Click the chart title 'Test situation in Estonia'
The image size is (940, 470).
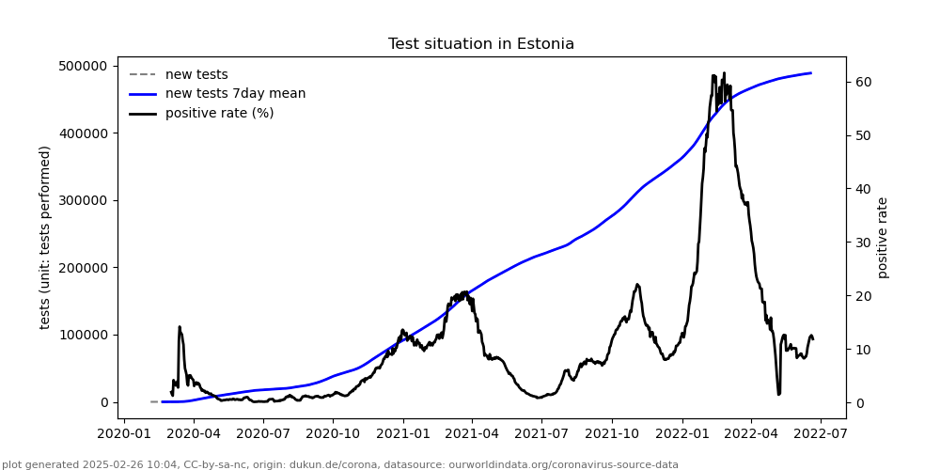coord(480,44)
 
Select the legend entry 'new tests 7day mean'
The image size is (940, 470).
coord(235,94)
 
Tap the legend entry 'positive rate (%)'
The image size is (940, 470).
coord(219,114)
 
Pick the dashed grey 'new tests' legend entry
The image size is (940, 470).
coord(196,75)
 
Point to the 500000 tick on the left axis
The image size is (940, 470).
coord(83,66)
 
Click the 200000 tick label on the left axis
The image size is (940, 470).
coord(83,268)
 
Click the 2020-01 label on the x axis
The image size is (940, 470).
coord(125,433)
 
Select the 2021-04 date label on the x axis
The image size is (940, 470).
coord(473,433)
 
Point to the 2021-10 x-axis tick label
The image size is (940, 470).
coord(612,433)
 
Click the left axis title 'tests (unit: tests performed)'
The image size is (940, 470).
coord(45,237)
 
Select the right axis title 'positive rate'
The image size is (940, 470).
coord(883,237)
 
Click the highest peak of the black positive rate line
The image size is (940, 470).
coord(713,75)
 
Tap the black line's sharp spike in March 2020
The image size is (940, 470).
coord(180,327)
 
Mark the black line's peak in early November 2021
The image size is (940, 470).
coord(637,284)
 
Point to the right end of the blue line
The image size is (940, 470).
coord(811,73)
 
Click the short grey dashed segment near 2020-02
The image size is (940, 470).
coord(154,401)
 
